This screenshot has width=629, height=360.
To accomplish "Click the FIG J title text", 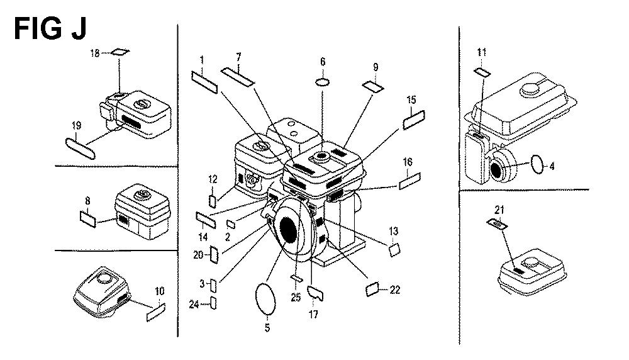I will [x=50, y=29].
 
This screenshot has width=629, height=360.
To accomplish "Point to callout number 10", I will [x=159, y=291].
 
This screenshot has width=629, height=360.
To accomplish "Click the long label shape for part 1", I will [x=204, y=82].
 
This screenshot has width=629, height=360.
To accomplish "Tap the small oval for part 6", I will [x=323, y=82].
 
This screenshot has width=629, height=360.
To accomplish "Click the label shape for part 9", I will [x=371, y=86].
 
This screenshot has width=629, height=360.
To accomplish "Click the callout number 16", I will [x=408, y=162].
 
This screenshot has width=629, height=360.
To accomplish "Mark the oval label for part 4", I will [x=537, y=166].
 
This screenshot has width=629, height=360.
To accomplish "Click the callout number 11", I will [x=482, y=52].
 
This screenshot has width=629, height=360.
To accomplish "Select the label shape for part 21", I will [x=496, y=224].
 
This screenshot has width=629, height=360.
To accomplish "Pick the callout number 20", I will [x=199, y=254].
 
